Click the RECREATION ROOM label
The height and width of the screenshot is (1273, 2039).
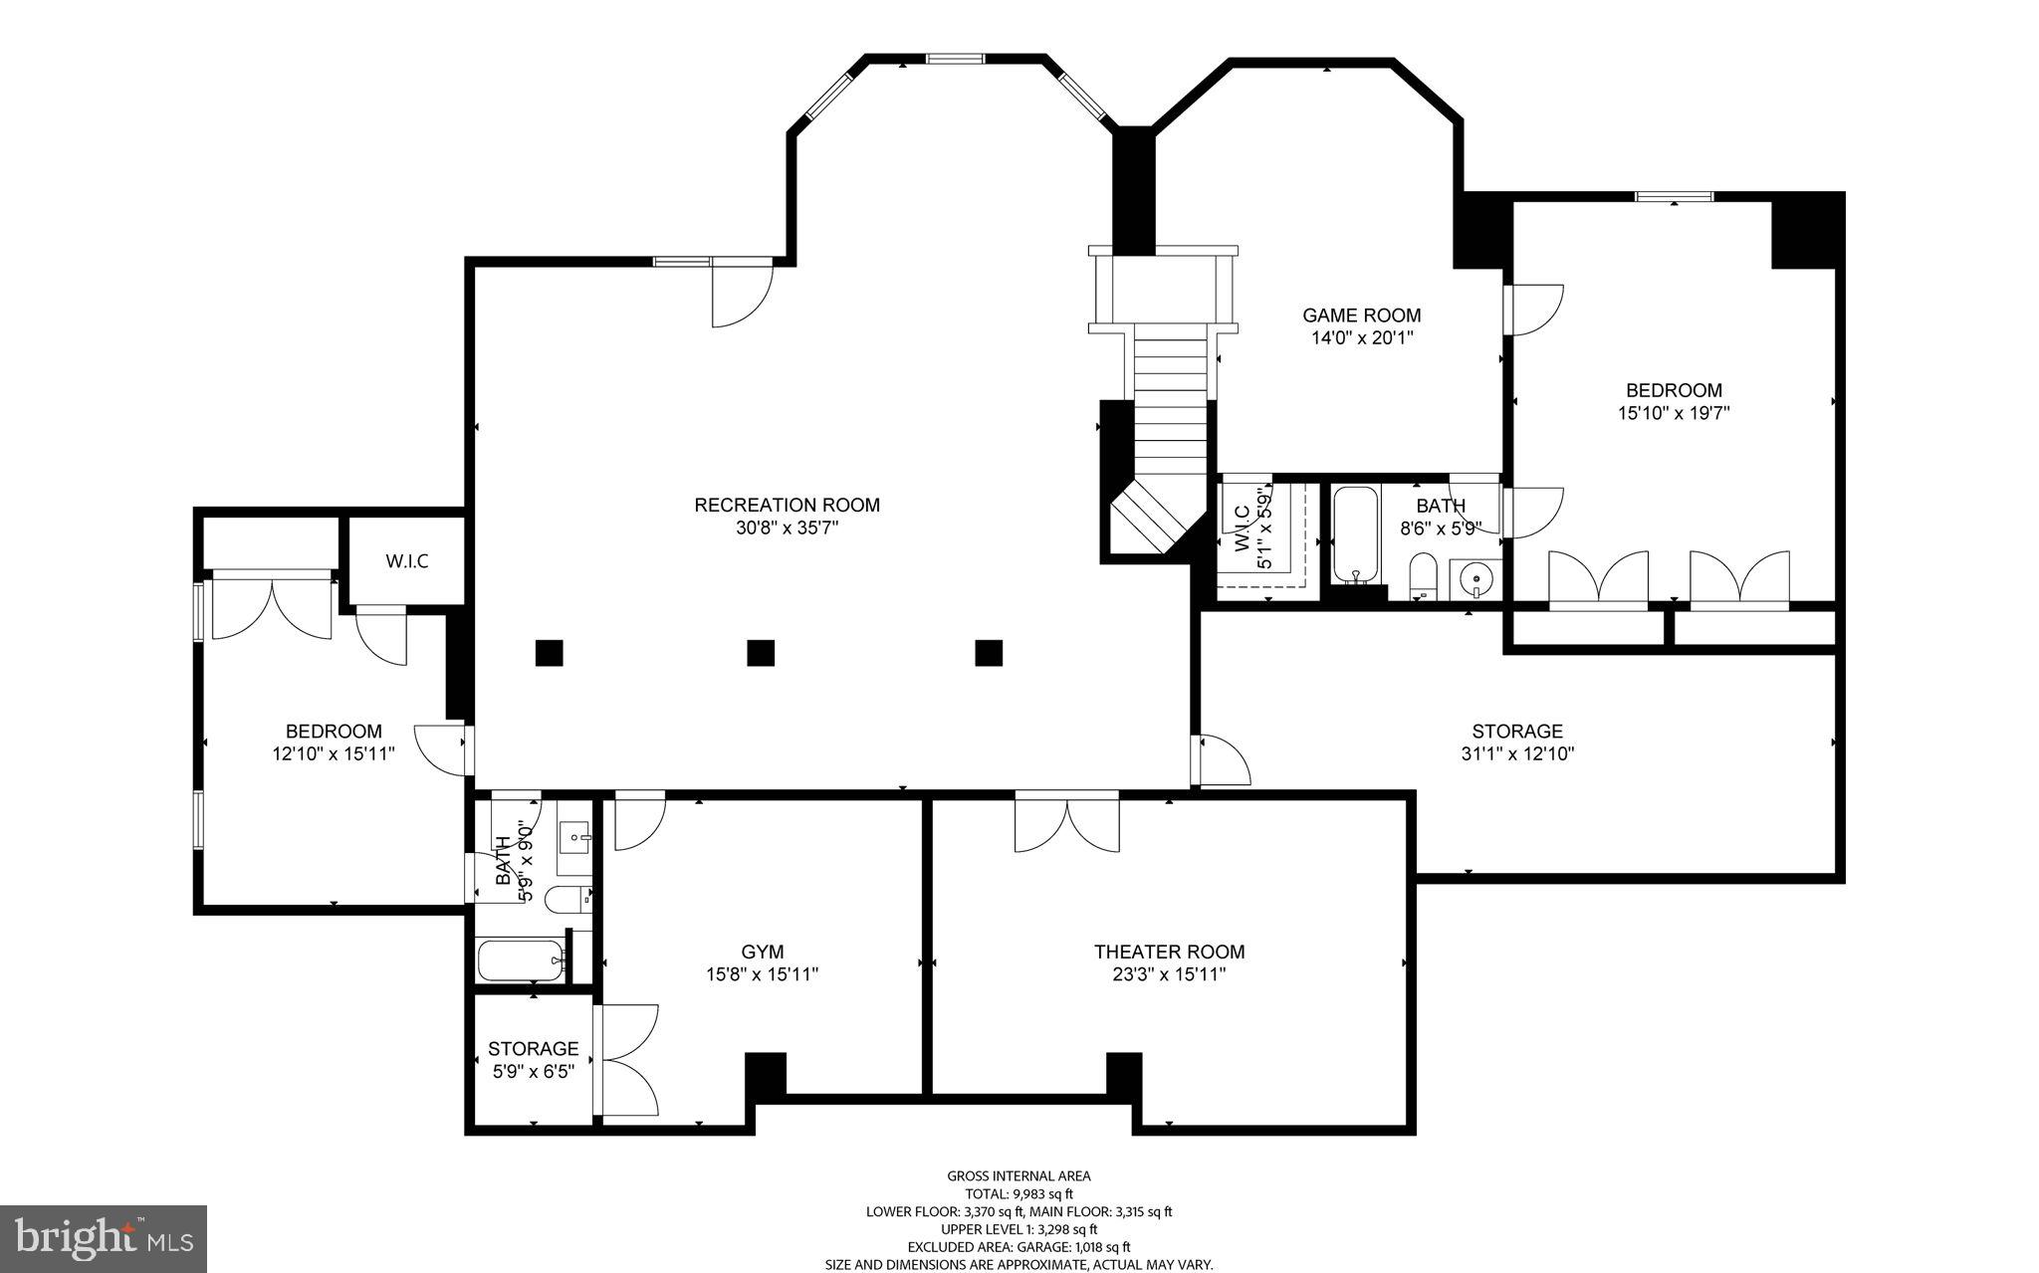click(787, 505)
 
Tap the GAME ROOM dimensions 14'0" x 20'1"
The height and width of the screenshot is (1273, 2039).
click(1362, 337)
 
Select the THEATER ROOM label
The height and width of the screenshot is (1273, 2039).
click(1169, 952)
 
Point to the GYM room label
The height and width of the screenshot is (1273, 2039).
click(762, 952)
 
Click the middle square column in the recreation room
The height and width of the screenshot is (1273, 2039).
click(761, 653)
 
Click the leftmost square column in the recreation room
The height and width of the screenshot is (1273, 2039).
click(549, 653)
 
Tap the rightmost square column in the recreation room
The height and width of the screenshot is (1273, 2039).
click(988, 653)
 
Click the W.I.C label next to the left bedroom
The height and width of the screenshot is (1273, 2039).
click(407, 561)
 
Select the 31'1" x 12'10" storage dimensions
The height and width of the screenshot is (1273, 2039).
click(1517, 754)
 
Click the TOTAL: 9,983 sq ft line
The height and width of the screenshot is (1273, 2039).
click(1019, 1194)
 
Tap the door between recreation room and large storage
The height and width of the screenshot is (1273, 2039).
click(1223, 761)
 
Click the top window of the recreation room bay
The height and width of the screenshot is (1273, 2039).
click(956, 59)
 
